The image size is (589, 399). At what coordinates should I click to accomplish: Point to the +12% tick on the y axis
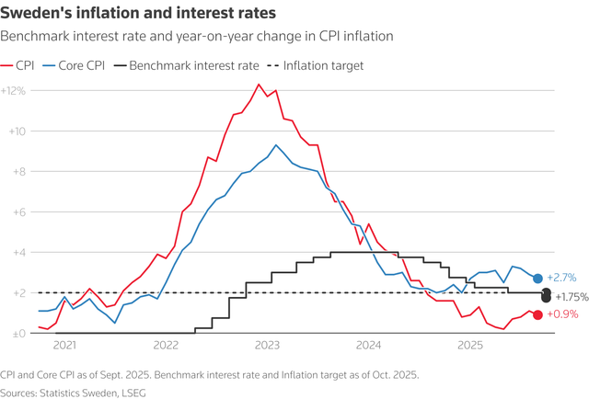click(14, 91)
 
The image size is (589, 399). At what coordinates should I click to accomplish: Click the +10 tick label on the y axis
click(16, 131)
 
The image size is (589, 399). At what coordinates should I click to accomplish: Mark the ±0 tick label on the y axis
click(17, 334)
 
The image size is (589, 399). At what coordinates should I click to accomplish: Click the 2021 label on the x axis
click(64, 347)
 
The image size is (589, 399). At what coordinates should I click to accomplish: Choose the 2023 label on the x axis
click(267, 347)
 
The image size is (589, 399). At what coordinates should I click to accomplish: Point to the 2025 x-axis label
click(469, 347)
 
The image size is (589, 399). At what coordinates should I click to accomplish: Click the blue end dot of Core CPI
click(537, 279)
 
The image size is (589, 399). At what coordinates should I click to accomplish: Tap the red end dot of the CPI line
click(537, 315)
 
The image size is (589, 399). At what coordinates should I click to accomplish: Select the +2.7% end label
click(561, 278)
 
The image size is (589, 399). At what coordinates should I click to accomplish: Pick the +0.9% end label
click(562, 315)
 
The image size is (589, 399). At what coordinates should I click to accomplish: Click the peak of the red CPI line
click(259, 85)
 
